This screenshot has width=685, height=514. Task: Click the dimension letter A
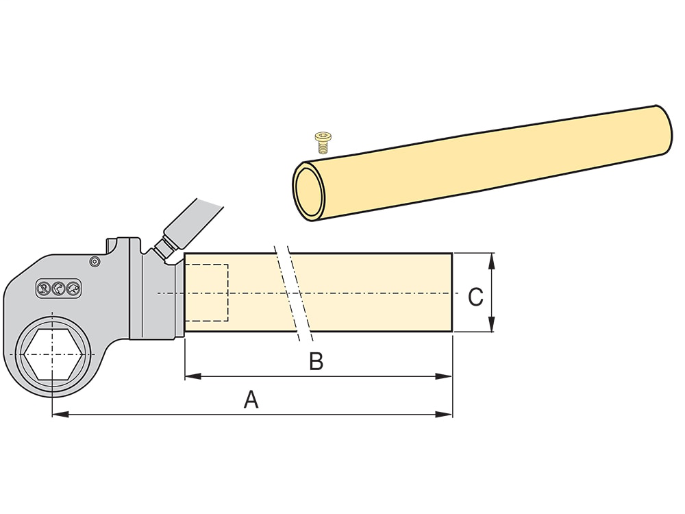(251, 400)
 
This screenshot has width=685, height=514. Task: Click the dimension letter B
(316, 361)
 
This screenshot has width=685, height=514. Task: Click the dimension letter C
(475, 297)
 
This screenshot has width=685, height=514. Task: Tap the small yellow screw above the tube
(323, 143)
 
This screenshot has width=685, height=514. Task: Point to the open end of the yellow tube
(309, 192)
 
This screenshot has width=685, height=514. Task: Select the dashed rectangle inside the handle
(207, 293)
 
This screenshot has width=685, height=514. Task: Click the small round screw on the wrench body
(94, 261)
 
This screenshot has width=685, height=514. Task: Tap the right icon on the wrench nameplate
(73, 289)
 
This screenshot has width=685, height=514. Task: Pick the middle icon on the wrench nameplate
(58, 289)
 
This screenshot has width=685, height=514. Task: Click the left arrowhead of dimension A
(60, 413)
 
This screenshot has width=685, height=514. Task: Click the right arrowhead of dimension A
(444, 413)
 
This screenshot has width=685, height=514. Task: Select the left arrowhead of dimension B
(193, 376)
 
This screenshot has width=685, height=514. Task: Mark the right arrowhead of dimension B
(444, 376)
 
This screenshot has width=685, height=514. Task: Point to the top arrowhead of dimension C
(492, 261)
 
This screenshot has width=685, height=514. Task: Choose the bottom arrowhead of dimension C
(492, 323)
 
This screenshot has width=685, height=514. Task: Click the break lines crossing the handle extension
(292, 293)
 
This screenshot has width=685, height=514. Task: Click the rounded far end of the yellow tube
(663, 130)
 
